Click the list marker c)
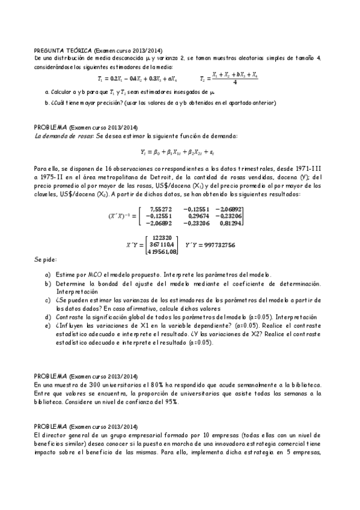[x=47, y=299]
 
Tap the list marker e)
[x=47, y=325]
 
